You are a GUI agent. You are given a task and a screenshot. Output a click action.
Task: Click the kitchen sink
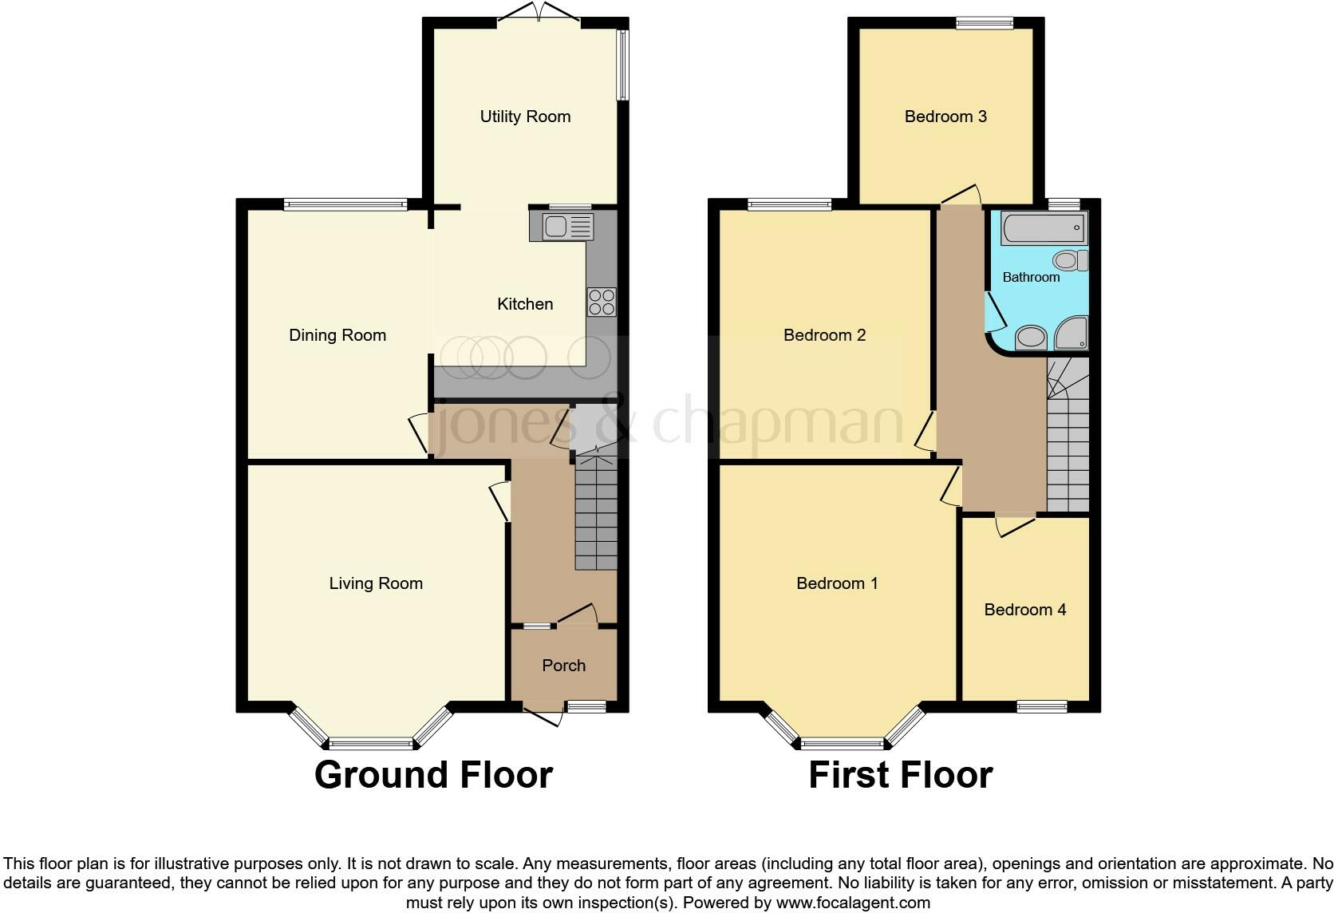pos(567,227)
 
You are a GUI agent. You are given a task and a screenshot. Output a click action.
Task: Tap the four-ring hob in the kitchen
pos(602,302)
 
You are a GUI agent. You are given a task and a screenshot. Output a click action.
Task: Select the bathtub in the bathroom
pos(1044,228)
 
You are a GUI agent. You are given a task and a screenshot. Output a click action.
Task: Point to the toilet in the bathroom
pos(1070,260)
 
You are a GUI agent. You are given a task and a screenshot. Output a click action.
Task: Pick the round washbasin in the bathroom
pos(1031,338)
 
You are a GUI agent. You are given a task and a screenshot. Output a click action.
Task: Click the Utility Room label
pos(525,117)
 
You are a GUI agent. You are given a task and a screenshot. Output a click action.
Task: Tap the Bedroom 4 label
pos(1024,610)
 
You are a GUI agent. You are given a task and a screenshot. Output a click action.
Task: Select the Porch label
pos(563,666)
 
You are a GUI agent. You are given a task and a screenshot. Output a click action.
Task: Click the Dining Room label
pos(337,335)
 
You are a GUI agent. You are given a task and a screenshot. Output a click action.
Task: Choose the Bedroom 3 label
pos(945,117)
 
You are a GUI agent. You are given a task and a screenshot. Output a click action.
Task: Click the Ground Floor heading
pos(433,775)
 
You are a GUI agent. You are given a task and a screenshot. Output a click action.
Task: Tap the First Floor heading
pos(900,775)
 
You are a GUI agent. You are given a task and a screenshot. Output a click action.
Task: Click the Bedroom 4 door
pos(1013,524)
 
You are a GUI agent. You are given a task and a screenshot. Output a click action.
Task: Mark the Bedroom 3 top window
pos(985,23)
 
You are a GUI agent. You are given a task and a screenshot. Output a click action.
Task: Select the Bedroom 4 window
pos(1042,706)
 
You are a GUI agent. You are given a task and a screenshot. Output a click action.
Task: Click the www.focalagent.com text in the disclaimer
pos(853,903)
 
